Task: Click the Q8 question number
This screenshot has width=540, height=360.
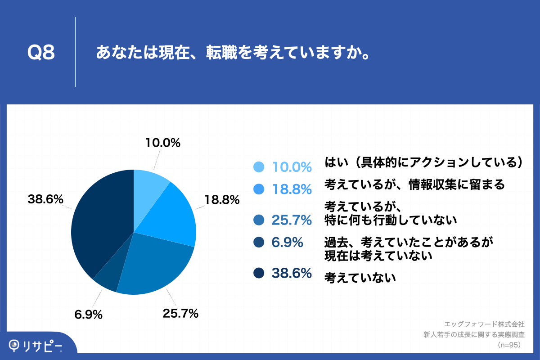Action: (41, 53)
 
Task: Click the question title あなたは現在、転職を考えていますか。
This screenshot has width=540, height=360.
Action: (233, 53)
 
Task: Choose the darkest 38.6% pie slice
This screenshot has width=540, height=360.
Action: (99, 220)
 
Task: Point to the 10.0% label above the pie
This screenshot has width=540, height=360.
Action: (163, 143)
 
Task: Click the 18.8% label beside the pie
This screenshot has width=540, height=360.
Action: (222, 200)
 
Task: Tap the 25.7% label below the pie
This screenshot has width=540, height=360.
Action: (180, 313)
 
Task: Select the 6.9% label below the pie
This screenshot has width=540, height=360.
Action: (89, 314)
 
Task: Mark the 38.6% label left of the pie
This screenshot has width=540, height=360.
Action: (45, 199)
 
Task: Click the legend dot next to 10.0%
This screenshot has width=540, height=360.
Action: (258, 167)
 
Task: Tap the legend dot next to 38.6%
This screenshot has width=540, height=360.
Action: (258, 273)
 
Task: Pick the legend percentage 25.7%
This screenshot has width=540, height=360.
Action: (292, 220)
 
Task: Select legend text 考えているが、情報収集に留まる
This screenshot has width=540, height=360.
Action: (414, 184)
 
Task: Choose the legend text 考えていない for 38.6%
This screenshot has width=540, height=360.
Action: (360, 278)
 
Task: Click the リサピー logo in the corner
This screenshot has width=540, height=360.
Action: (36, 345)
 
